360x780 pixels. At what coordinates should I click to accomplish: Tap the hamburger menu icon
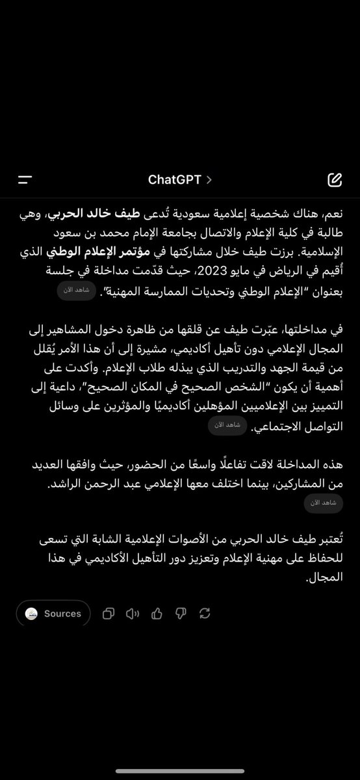(x=25, y=180)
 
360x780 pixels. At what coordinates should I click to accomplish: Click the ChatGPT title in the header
(x=174, y=180)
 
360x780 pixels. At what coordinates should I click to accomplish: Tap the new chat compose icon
(x=335, y=180)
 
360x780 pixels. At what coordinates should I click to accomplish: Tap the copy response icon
(x=109, y=614)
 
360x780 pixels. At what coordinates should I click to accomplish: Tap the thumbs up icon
(x=157, y=614)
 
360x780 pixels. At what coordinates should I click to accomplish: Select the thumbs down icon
(x=181, y=614)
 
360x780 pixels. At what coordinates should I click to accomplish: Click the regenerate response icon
(x=205, y=614)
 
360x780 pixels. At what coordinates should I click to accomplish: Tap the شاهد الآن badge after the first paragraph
(x=77, y=290)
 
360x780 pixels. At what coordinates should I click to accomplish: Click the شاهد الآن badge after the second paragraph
(x=227, y=425)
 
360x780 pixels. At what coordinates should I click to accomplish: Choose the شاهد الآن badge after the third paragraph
(x=324, y=502)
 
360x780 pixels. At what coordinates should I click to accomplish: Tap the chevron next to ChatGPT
(x=209, y=180)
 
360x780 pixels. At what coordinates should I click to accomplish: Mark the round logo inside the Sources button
(x=31, y=614)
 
